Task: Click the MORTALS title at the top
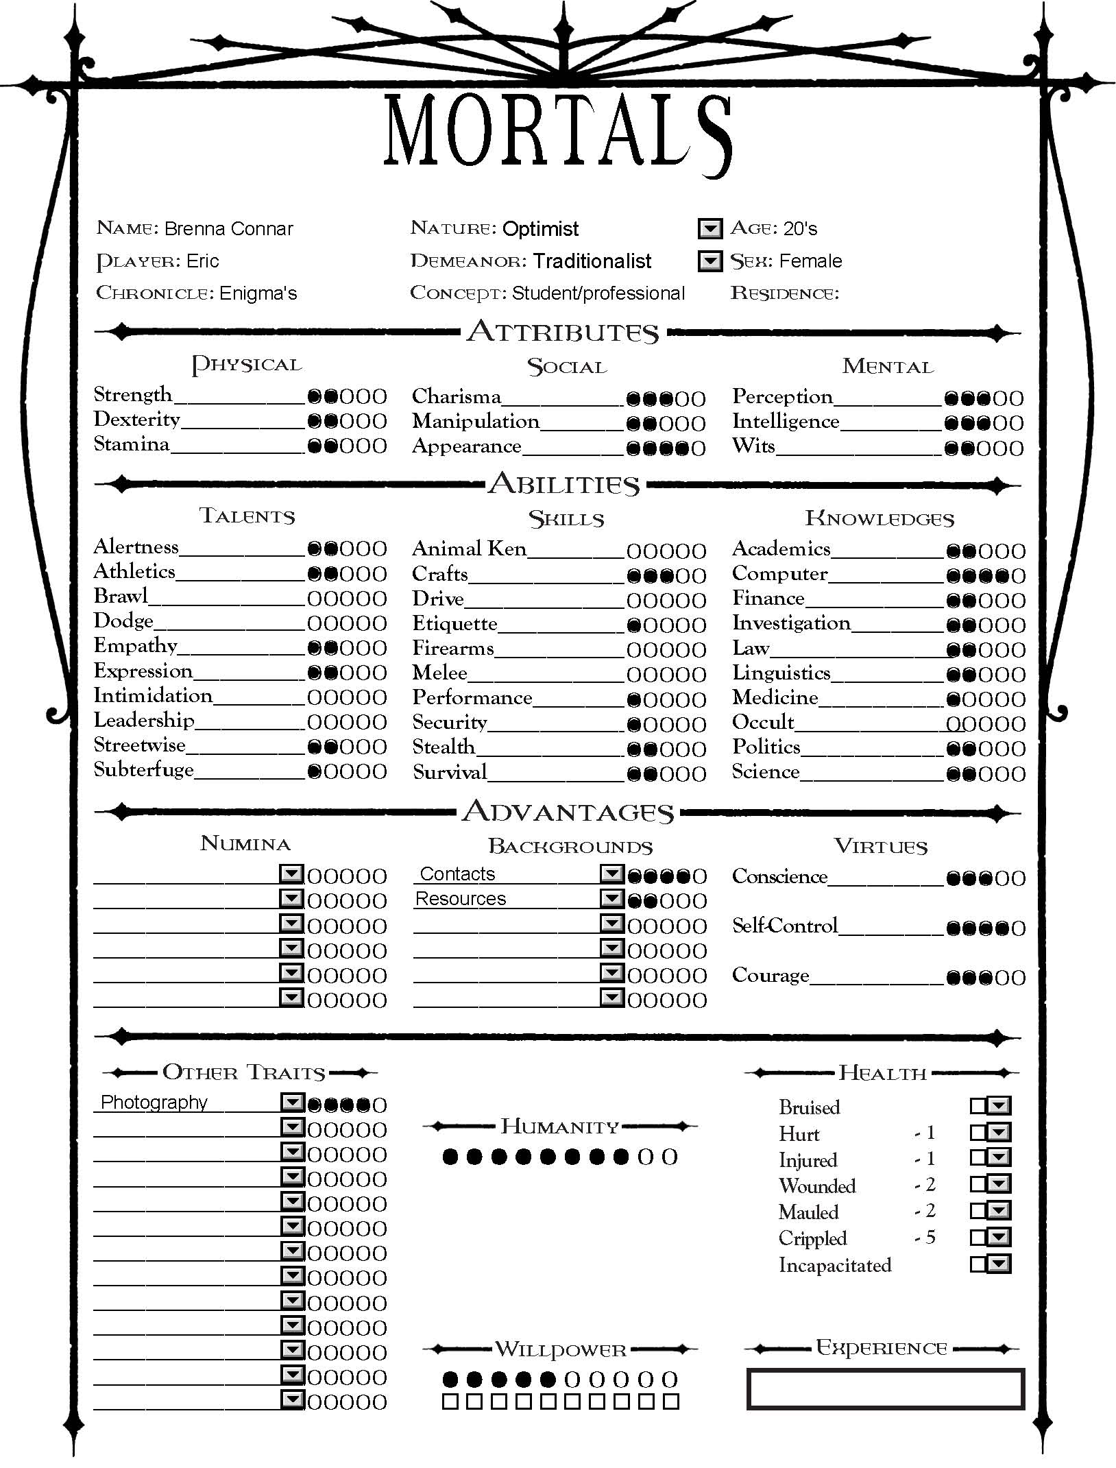tap(557, 132)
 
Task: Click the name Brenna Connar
tap(228, 228)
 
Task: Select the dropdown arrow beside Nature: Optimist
tap(709, 228)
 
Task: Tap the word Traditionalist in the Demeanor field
tap(592, 261)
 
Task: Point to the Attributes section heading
tap(563, 333)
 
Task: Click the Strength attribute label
tap(133, 395)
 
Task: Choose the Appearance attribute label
tap(467, 446)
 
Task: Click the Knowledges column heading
tap(880, 518)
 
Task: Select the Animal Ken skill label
tap(470, 549)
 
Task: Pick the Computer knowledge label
tap(780, 574)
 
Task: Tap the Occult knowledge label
tap(763, 722)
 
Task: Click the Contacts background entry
tap(457, 874)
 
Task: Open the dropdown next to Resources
tap(611, 898)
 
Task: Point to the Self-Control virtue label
tap(785, 926)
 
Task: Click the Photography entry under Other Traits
tap(154, 1103)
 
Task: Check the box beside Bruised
tap(978, 1106)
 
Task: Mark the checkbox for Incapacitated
tap(978, 1264)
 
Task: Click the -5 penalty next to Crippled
tap(925, 1238)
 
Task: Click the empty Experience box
tap(885, 1389)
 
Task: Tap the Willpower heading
tap(560, 1349)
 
